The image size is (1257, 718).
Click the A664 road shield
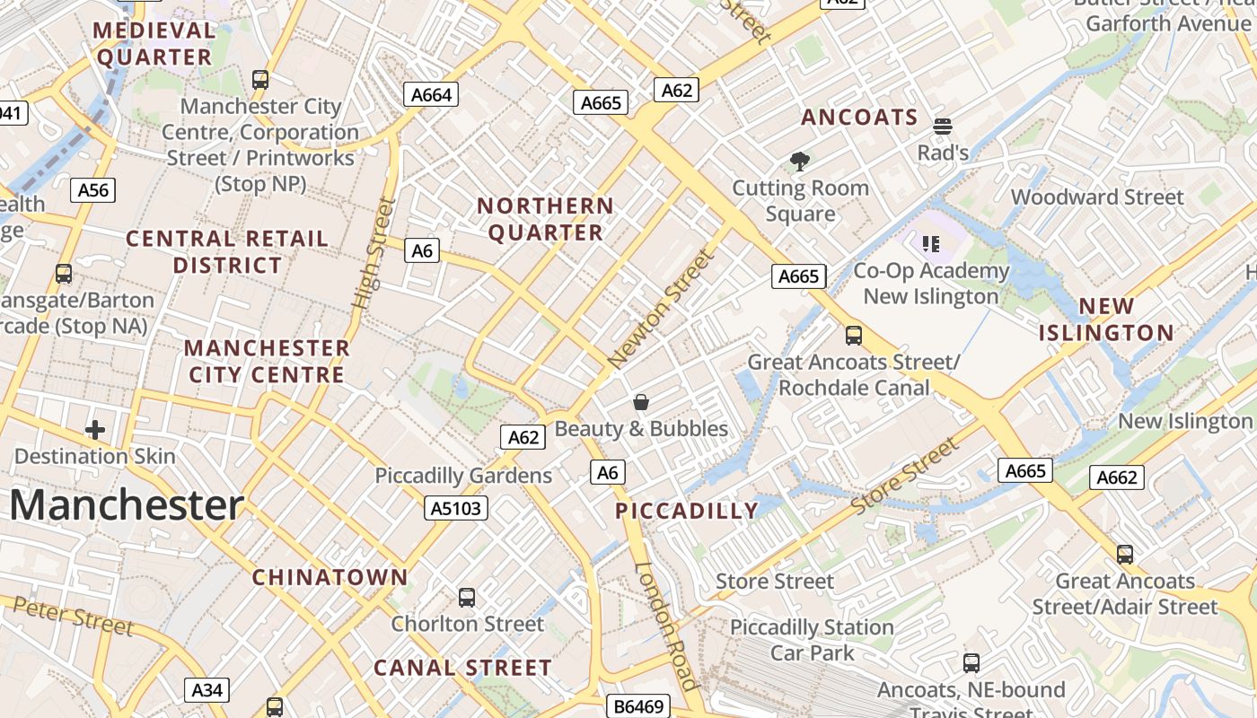[x=431, y=94]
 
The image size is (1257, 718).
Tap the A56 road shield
[x=92, y=189]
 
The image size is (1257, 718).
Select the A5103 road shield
[x=456, y=509]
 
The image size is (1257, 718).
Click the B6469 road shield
[x=638, y=706]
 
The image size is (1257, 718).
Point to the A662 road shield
[x=1118, y=477]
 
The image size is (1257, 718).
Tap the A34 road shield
[x=207, y=690]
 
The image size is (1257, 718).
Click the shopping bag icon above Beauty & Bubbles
[x=641, y=401]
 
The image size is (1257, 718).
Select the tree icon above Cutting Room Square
[x=800, y=162]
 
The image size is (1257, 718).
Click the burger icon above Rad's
[x=942, y=127]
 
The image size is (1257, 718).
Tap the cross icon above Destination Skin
[x=95, y=430]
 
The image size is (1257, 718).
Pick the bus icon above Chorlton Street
[x=467, y=597]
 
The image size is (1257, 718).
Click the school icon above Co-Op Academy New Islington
[x=931, y=243]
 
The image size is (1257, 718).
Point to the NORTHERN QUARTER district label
[x=545, y=219]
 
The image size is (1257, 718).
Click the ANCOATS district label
[x=859, y=118]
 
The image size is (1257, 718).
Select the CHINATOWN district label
[x=330, y=577]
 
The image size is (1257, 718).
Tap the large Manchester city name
[x=127, y=505]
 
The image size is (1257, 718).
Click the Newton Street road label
[x=663, y=308]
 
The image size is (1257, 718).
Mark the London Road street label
[x=665, y=625]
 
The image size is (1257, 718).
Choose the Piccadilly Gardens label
[x=463, y=476]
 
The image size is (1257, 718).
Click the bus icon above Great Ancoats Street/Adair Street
[x=1125, y=554]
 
